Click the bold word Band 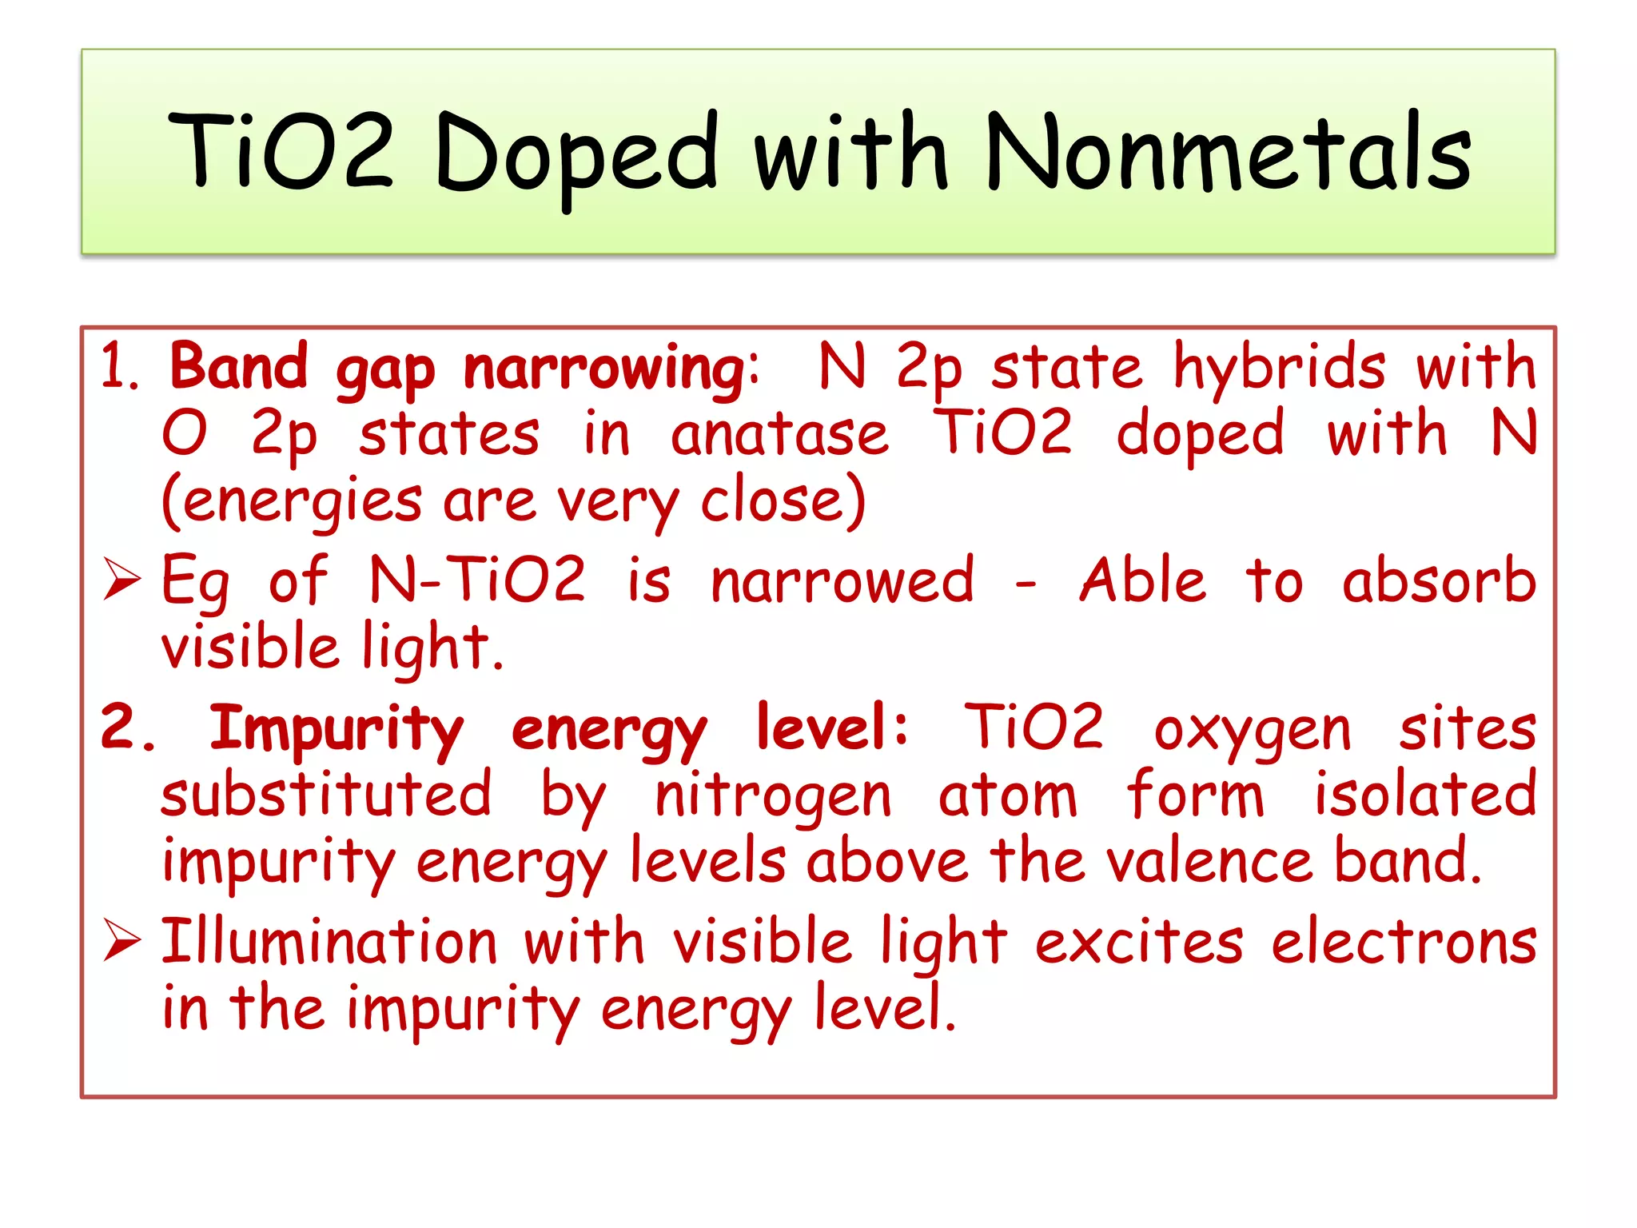238,367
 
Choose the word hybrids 1279,367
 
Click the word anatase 779,435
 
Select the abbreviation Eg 195,582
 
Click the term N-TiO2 477,580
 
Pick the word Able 1142,580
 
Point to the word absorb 1439,580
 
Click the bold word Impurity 336,729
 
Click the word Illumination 329,941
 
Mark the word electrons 1404,943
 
